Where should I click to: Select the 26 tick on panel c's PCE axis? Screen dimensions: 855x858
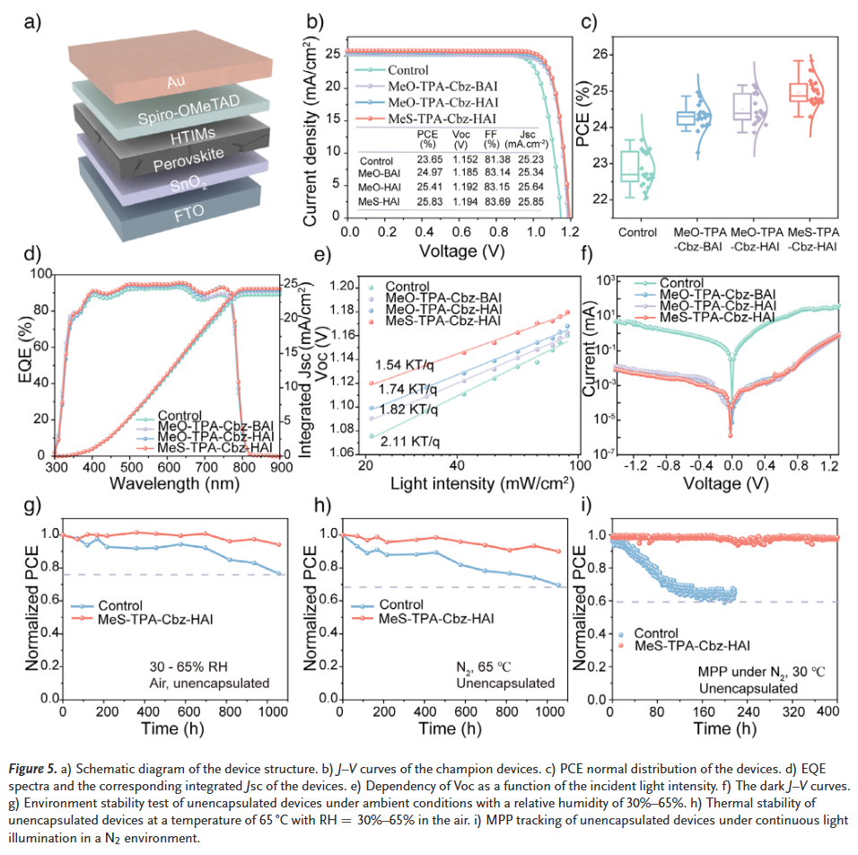click(604, 55)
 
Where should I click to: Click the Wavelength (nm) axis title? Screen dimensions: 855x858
click(168, 483)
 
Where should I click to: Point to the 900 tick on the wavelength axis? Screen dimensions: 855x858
click(281, 467)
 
